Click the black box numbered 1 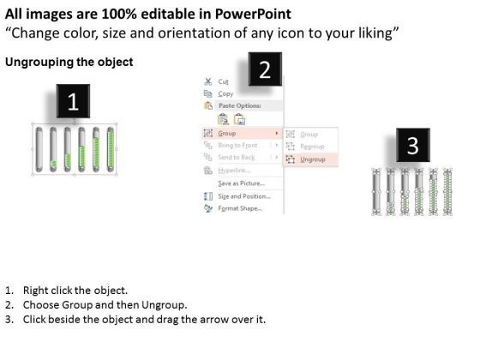tap(73, 103)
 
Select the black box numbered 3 tap(412, 146)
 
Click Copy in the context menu tap(225, 93)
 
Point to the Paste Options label tap(240, 105)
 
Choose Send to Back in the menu tap(236, 158)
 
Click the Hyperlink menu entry tap(232, 171)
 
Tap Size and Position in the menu tap(243, 195)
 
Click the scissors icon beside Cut tap(207, 81)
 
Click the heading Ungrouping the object tap(69, 63)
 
